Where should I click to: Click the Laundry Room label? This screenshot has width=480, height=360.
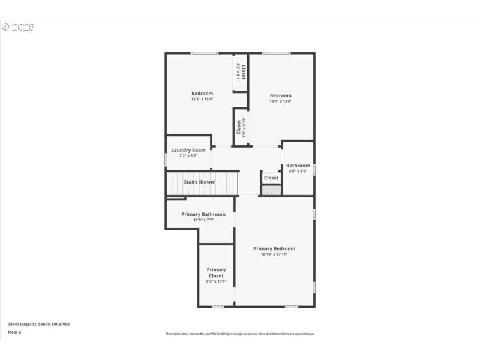click(x=188, y=150)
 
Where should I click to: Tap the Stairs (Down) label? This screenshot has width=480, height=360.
click(x=199, y=182)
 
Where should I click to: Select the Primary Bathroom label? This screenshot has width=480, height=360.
click(x=203, y=214)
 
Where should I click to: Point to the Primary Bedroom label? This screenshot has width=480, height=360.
click(x=274, y=248)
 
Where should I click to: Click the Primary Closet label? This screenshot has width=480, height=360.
click(x=216, y=272)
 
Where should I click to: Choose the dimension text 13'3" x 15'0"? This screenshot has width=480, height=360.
click(x=202, y=99)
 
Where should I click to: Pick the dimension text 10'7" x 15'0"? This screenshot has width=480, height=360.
click(x=280, y=101)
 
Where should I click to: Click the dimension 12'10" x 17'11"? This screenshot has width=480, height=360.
click(x=274, y=254)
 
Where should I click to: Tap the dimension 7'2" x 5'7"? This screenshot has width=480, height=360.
click(x=188, y=156)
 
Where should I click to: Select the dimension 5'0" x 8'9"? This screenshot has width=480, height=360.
click(x=298, y=171)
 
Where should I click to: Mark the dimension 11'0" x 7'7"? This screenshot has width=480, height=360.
click(x=203, y=220)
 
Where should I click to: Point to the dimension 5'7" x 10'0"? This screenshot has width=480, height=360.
click(x=216, y=281)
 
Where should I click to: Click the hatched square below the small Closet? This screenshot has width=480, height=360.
click(x=271, y=190)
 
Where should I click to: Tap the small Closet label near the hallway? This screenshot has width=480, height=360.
click(x=271, y=178)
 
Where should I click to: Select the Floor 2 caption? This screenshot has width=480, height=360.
click(x=14, y=332)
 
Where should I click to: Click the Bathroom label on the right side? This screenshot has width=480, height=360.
click(x=298, y=166)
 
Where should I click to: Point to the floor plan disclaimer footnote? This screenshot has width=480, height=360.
click(x=240, y=334)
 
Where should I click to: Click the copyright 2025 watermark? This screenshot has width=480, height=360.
click(x=18, y=27)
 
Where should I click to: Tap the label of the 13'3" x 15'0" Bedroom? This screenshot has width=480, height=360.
click(x=202, y=93)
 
